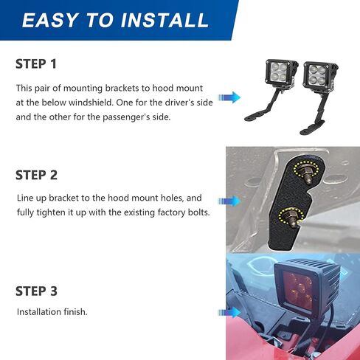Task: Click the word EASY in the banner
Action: [x=50, y=20]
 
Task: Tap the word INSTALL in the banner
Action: [x=165, y=20]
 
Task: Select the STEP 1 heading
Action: [x=36, y=64]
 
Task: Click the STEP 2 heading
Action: [x=36, y=175]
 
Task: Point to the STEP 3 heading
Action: [x=36, y=291]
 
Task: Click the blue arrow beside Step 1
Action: [x=229, y=97]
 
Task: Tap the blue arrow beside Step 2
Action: [x=229, y=201]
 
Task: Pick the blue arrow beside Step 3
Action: [x=229, y=313]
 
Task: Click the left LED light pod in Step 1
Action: [x=281, y=72]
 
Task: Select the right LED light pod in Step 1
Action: [x=320, y=75]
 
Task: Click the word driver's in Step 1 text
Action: [x=179, y=103]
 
